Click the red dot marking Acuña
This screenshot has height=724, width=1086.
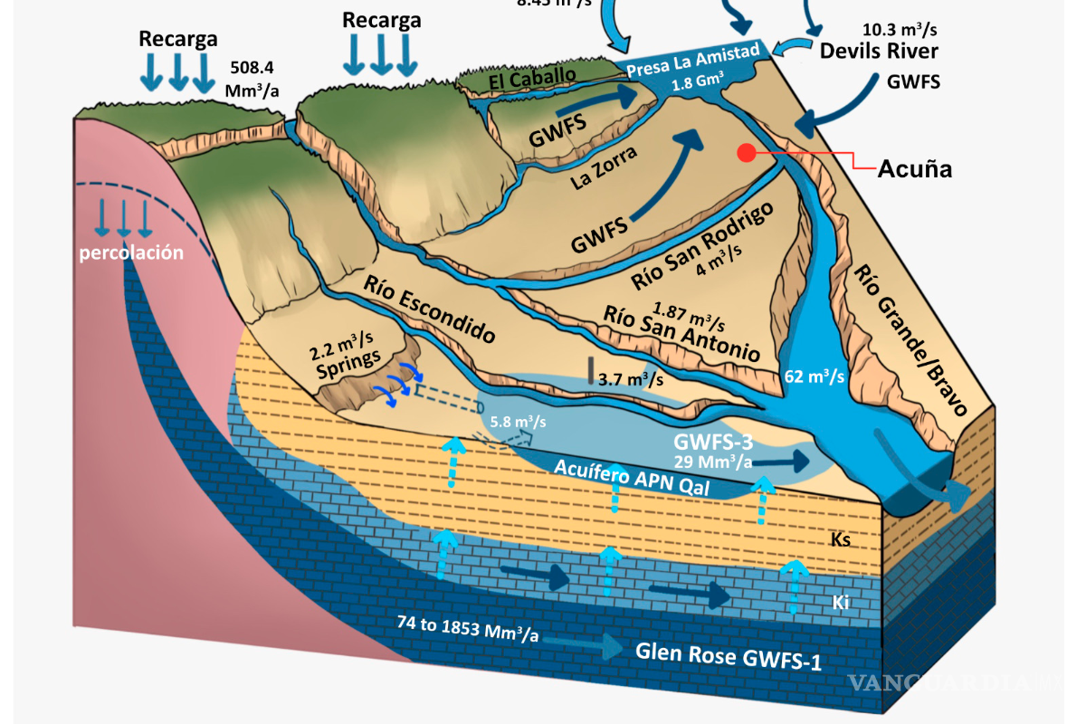746,153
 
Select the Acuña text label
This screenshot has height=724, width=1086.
914,168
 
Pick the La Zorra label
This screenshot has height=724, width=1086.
604,167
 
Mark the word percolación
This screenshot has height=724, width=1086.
130,252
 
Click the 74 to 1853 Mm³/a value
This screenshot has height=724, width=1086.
468,627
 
